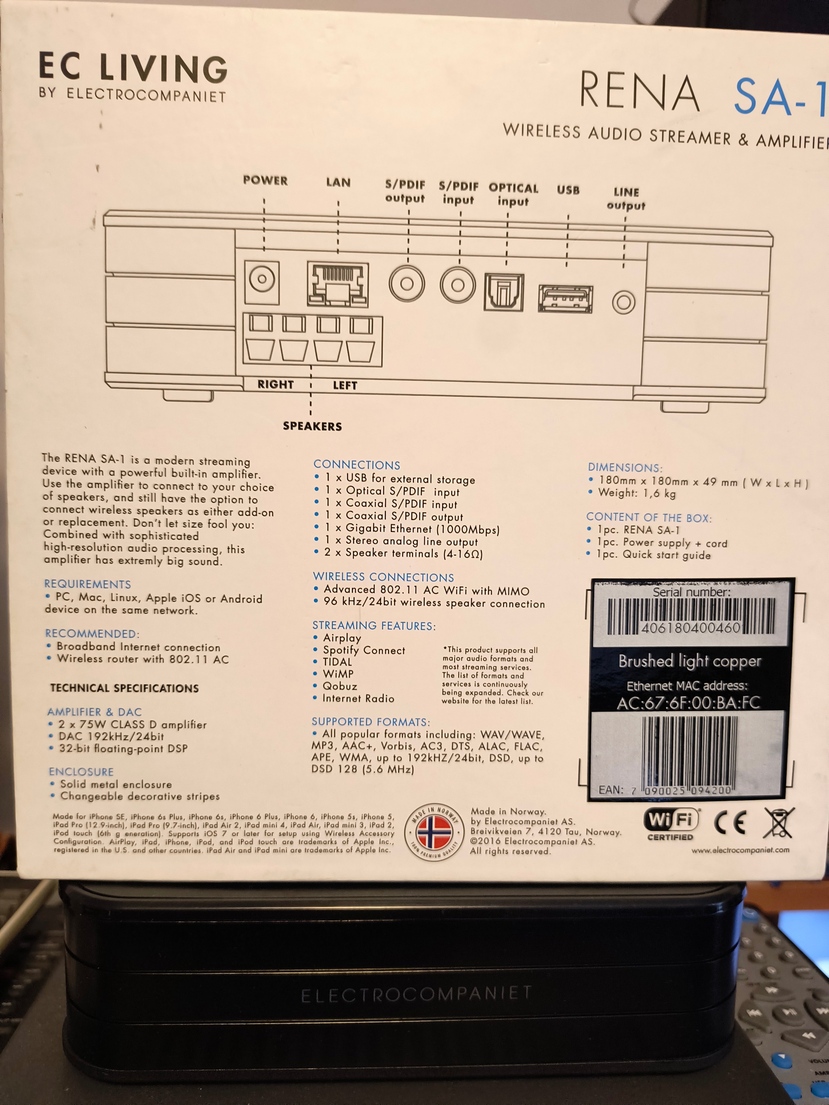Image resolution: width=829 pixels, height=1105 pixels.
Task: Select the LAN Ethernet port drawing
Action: pyautogui.click(x=338, y=284)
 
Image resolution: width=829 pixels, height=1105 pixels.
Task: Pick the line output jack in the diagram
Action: pyautogui.click(x=624, y=302)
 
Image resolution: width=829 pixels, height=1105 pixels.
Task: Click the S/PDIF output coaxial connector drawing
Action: pyautogui.click(x=407, y=283)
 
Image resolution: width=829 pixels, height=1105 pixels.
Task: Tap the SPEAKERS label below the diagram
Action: pyautogui.click(x=312, y=426)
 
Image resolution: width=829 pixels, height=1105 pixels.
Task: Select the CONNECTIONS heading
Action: pyautogui.click(x=357, y=465)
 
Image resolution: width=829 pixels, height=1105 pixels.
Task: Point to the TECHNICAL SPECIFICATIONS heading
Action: pyautogui.click(x=124, y=688)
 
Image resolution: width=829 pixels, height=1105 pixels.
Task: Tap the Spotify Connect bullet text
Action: pyautogui.click(x=364, y=650)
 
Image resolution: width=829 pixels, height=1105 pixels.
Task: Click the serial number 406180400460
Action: pyautogui.click(x=691, y=627)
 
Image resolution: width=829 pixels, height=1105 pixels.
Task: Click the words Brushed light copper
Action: pyautogui.click(x=689, y=661)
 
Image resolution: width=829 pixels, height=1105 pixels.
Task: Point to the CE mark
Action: pyautogui.click(x=731, y=822)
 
